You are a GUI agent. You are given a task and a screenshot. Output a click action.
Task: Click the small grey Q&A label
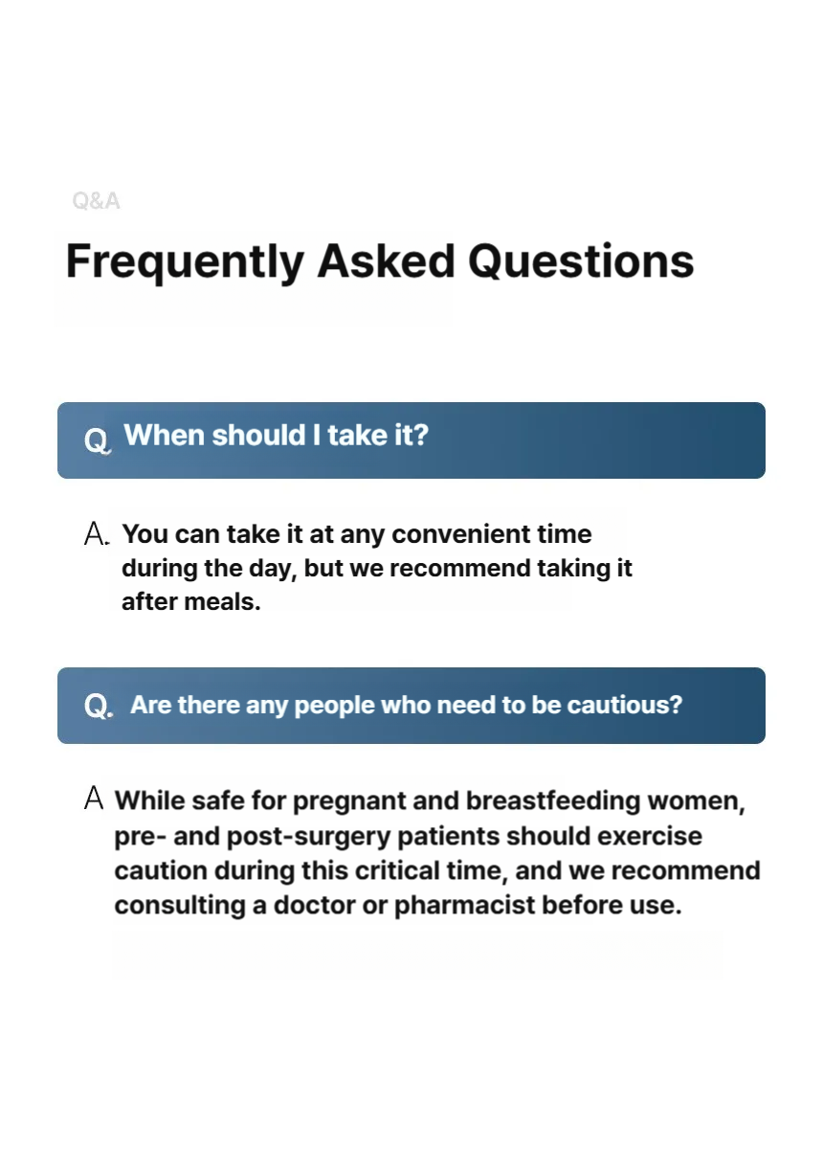(x=96, y=201)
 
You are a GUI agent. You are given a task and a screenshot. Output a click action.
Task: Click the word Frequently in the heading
(x=185, y=262)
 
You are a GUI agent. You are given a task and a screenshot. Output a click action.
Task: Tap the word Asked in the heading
(x=387, y=260)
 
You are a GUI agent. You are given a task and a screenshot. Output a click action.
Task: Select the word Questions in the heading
(x=581, y=260)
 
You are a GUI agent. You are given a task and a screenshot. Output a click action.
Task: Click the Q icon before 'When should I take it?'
(x=97, y=440)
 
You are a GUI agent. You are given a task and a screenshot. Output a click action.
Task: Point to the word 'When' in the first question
(x=164, y=435)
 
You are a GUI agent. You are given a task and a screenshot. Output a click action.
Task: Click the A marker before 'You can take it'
(x=96, y=533)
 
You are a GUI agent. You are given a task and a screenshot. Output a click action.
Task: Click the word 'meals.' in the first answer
(x=222, y=601)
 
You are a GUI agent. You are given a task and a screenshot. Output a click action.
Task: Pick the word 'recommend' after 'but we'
(x=460, y=568)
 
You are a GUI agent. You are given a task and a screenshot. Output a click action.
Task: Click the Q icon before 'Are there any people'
(x=99, y=706)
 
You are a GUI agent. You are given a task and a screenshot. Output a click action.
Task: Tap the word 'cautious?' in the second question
(x=625, y=705)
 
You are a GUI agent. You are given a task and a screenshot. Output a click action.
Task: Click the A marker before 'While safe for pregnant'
(x=94, y=798)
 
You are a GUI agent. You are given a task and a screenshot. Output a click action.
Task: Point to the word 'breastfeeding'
(x=553, y=800)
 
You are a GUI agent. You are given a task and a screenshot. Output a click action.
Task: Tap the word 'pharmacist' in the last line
(x=464, y=906)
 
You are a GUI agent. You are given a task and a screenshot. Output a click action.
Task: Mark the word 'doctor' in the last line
(x=315, y=905)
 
